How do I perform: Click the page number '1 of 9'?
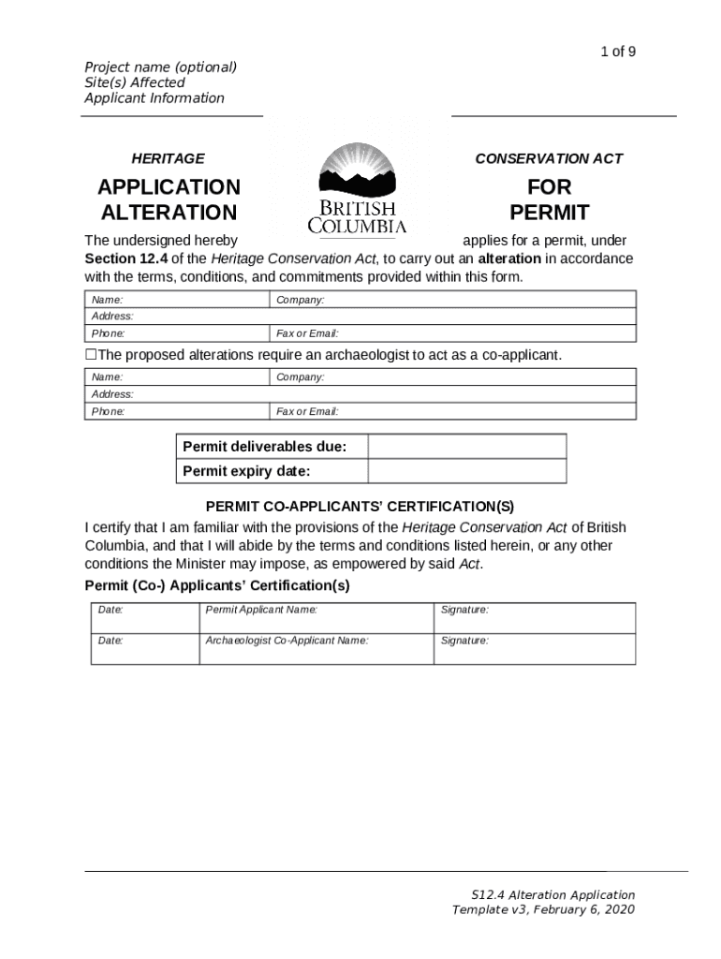click(x=618, y=52)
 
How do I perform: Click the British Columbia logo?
click(x=357, y=188)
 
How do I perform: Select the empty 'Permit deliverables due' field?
click(x=466, y=447)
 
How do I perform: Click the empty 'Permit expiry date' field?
click(x=466, y=471)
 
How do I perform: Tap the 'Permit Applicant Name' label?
click(x=261, y=610)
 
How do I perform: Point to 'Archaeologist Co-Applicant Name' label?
click(x=287, y=641)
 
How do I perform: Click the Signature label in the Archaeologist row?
click(x=464, y=641)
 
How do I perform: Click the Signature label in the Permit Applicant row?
click(x=464, y=610)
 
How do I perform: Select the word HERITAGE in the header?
click(x=168, y=159)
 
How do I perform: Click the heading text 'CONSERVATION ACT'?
click(x=549, y=159)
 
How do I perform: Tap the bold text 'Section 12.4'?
click(x=123, y=258)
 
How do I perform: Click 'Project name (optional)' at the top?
click(x=160, y=66)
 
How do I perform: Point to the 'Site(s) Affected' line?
click(x=135, y=82)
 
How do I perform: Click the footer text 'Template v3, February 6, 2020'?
click(x=543, y=909)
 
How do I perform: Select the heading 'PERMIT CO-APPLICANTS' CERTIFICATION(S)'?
click(x=360, y=507)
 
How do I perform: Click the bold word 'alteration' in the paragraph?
click(x=509, y=258)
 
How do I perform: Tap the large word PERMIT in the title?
click(x=549, y=212)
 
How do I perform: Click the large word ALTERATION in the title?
click(x=169, y=212)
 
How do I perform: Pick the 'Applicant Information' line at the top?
click(x=154, y=98)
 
